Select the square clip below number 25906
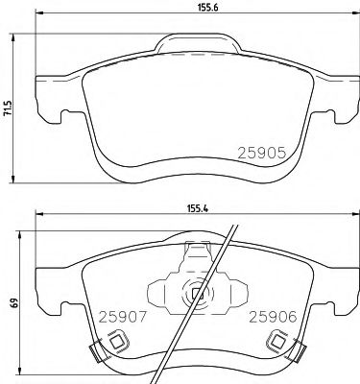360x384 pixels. pos(279,340)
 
